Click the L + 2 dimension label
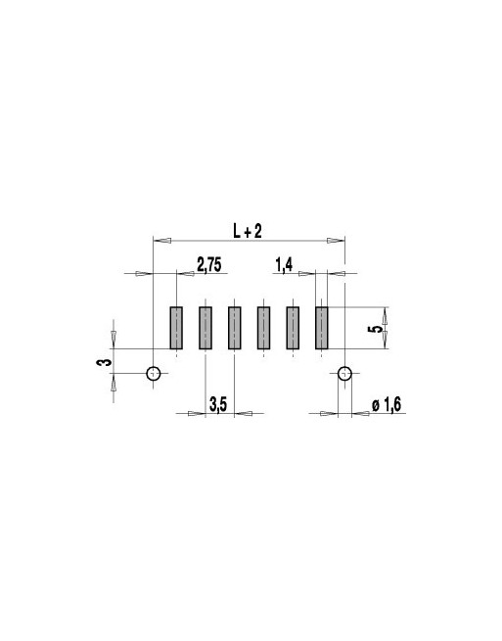[x=248, y=230]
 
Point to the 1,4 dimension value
[x=285, y=264]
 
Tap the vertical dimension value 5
[x=374, y=329]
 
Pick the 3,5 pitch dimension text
[x=219, y=403]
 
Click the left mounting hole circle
[x=154, y=373]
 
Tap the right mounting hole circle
[x=344, y=373]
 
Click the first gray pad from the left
[x=177, y=329]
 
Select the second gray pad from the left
[x=205, y=329]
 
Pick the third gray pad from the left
[x=235, y=329]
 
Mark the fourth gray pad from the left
[x=263, y=329]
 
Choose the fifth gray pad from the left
[x=293, y=329]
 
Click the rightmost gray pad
[x=322, y=329]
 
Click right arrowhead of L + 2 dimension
[x=336, y=240]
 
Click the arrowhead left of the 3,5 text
[x=197, y=413]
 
